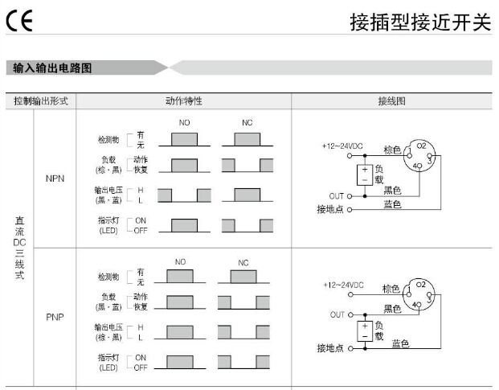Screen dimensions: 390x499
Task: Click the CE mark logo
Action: pyautogui.click(x=17, y=22)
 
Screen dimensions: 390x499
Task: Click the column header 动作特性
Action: pyautogui.click(x=183, y=102)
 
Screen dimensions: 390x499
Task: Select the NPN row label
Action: pyautogui.click(x=55, y=179)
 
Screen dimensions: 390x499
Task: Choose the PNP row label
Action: pyautogui.click(x=55, y=316)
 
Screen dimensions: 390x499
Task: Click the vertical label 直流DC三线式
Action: pyautogui.click(x=19, y=247)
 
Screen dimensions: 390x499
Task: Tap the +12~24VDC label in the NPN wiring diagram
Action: pyautogui.click(x=342, y=146)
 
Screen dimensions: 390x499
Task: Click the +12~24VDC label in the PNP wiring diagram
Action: pyautogui.click(x=343, y=285)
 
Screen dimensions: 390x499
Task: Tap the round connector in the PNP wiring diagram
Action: pyautogui.click(x=421, y=297)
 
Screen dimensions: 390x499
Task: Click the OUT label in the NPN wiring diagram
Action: pyautogui.click(x=336, y=195)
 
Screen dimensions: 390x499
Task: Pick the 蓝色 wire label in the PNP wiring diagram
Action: pyautogui.click(x=400, y=343)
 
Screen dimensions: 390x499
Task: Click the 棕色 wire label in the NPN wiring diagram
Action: pyautogui.click(x=391, y=150)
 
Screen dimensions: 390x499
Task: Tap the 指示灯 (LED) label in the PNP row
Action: pyautogui.click(x=108, y=362)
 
